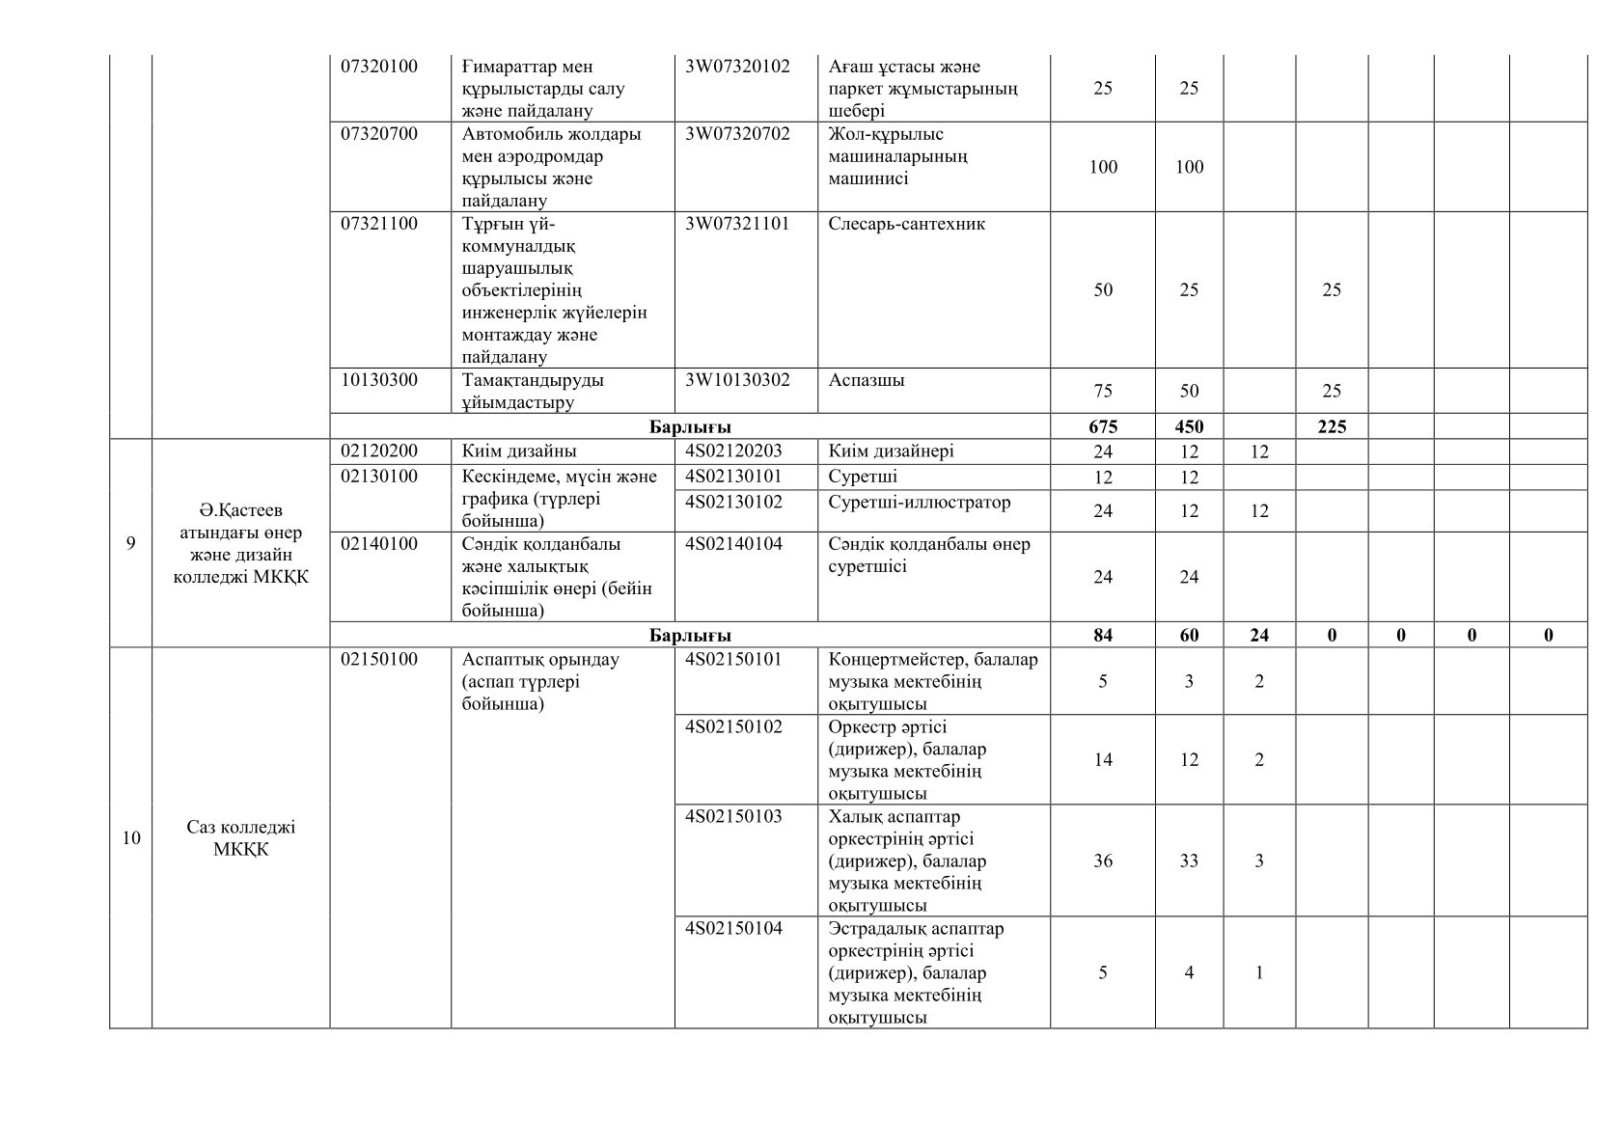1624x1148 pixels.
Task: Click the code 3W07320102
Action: (737, 67)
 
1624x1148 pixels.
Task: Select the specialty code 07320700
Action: (379, 134)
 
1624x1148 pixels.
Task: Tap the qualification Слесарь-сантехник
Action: (906, 224)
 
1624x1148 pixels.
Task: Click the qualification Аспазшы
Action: (867, 380)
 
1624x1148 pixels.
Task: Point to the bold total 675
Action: (1103, 426)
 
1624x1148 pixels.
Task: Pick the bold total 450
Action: (1189, 426)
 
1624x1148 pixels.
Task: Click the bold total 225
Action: (1331, 426)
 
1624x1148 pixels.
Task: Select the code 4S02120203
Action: (733, 451)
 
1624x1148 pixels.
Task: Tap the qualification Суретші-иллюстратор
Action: (919, 503)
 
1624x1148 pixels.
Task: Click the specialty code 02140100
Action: (379, 544)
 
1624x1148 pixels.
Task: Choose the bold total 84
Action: (1103, 635)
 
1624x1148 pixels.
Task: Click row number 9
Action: (130, 543)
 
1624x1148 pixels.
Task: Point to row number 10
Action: (130, 838)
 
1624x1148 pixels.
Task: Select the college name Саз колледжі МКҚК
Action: (240, 838)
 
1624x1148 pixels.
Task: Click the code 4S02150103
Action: (733, 817)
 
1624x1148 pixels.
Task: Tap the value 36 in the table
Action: (1103, 861)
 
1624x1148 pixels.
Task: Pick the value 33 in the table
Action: (1189, 861)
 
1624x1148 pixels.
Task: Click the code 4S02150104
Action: (733, 929)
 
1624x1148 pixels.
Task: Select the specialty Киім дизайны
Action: (519, 451)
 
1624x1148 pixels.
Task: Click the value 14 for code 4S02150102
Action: (1103, 760)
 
